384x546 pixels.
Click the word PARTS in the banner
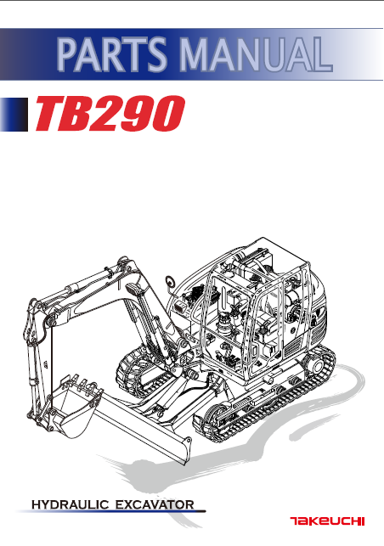pos(112,54)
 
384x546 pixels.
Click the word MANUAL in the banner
pos(256,53)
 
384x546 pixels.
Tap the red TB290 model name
pos(110,114)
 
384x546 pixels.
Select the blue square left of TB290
pos(14,115)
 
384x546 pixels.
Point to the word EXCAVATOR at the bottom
pos(155,504)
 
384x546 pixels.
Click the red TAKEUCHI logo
pos(327,521)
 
